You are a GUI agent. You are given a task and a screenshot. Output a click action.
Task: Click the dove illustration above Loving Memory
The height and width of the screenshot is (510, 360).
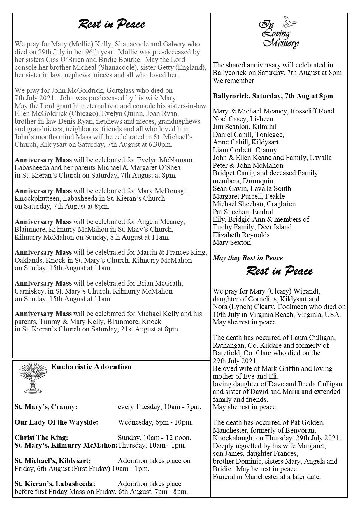290,22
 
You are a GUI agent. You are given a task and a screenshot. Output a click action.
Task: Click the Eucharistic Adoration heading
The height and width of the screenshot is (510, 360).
91,367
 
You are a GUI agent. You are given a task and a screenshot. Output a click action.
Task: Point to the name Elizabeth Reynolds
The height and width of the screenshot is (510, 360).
241,235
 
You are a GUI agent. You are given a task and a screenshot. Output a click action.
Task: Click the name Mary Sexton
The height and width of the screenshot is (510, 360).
232,242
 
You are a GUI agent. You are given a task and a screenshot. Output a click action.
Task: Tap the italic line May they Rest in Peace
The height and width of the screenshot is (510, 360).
248,258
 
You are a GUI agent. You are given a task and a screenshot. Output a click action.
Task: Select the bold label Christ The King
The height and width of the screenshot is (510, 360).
41,438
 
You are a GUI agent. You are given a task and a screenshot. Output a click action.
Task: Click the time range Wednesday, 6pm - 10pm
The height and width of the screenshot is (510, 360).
155,422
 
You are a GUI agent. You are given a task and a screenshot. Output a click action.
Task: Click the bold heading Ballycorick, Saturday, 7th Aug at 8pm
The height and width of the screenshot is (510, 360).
273,96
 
